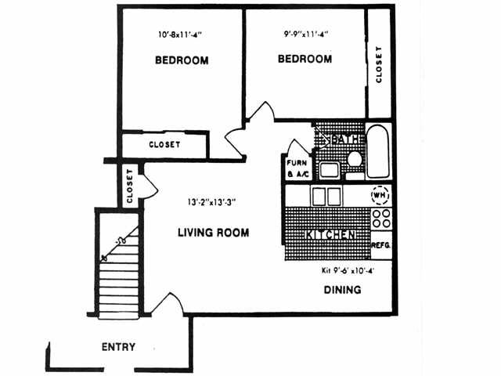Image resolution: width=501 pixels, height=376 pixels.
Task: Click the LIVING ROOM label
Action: [x=213, y=232]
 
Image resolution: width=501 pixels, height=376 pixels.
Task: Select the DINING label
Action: [x=342, y=290]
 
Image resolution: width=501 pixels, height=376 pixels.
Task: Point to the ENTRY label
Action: [x=119, y=347]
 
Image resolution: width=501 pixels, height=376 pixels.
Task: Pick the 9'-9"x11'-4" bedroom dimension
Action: [x=306, y=34]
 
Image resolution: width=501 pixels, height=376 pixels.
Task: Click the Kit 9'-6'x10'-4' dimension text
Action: [x=348, y=271]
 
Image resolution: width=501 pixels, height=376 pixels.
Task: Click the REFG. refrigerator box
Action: [x=380, y=245]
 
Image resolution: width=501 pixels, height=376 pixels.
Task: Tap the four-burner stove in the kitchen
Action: [x=380, y=218]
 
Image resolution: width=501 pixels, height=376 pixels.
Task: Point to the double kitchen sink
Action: [x=326, y=195]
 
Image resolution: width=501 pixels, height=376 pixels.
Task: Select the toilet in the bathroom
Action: [x=353, y=159]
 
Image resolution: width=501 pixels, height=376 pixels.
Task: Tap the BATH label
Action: [x=344, y=139]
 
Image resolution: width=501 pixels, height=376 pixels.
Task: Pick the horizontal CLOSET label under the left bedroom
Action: [x=164, y=145]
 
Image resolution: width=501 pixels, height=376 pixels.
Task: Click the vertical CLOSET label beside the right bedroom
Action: [x=379, y=64]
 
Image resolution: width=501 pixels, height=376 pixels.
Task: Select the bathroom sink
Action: [x=328, y=168]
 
